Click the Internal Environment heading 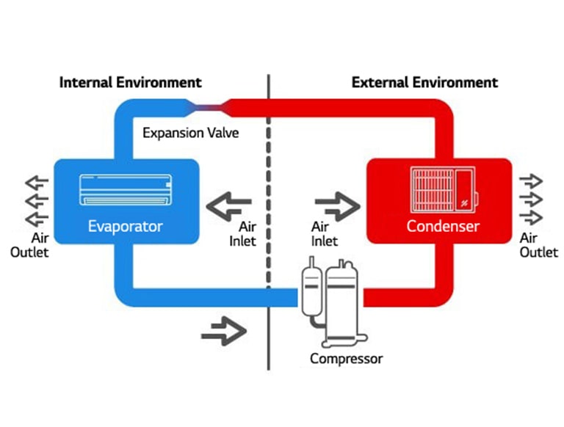pos(130,81)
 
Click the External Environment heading pos(424,81)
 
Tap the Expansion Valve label pos(190,133)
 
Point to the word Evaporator pos(125,225)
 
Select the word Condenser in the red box pos(442,225)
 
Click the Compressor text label pos(346,359)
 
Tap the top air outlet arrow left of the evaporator pos(36,183)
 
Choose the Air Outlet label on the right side pos(538,245)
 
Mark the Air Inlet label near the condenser pos(325,234)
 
